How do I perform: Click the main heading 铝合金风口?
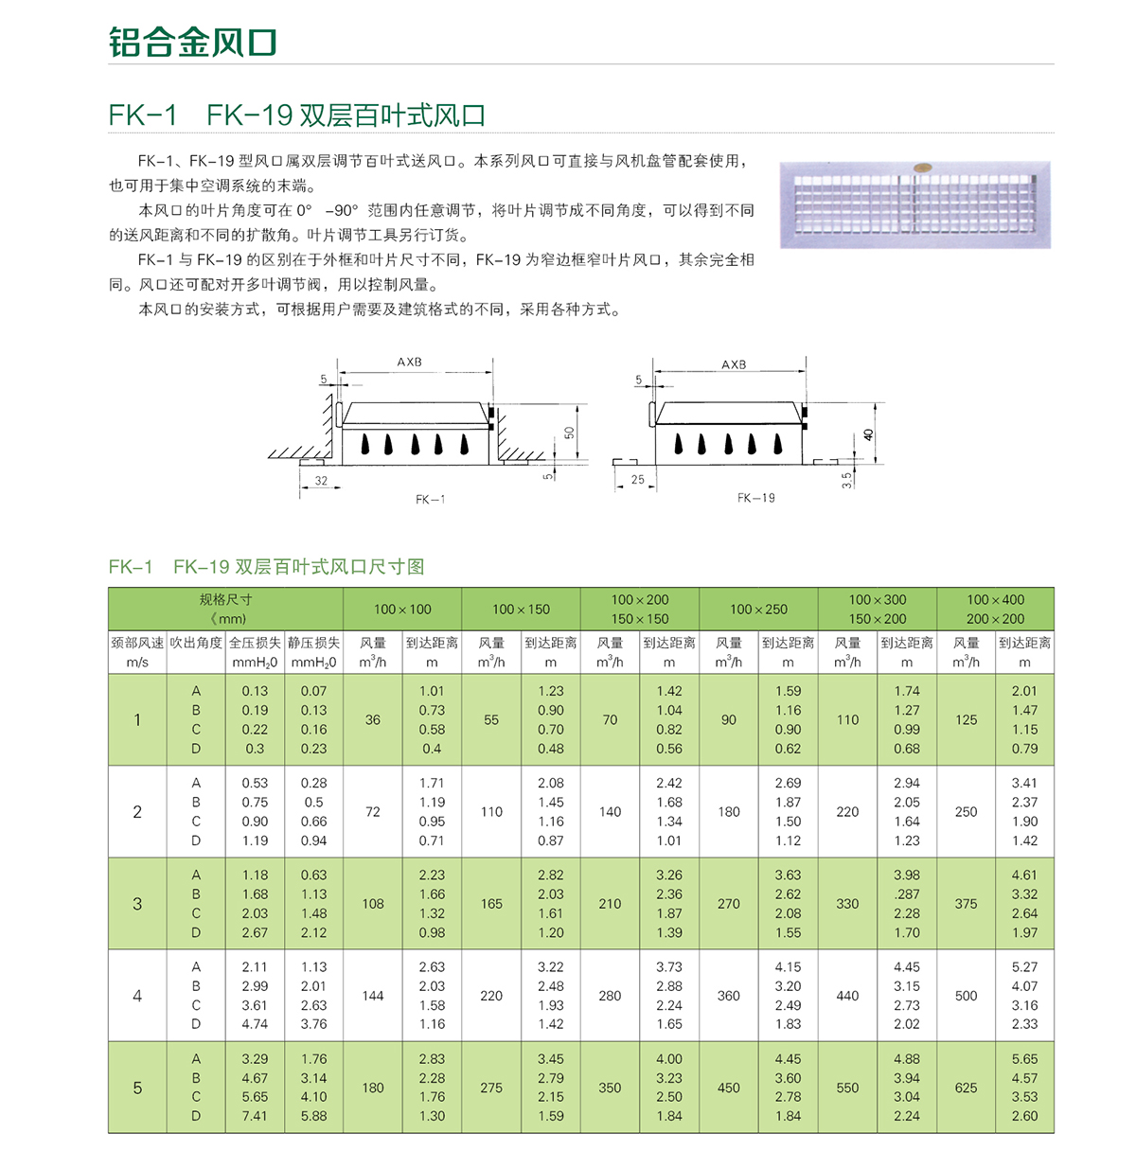point(192,43)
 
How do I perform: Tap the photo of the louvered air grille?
point(914,204)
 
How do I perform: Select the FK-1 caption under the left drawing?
point(430,499)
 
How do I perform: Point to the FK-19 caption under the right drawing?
point(755,498)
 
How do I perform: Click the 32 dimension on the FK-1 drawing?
point(321,481)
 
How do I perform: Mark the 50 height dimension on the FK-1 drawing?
point(569,433)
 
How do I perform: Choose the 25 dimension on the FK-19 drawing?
point(637,480)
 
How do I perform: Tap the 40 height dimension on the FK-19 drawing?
point(868,435)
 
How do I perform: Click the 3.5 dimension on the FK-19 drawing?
point(846,480)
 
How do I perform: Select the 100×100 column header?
point(402,610)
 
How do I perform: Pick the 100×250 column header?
point(758,610)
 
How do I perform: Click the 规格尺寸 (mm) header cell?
point(225,609)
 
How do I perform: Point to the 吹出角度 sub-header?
point(196,643)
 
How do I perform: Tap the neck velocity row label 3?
point(137,904)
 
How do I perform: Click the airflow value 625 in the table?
point(966,1088)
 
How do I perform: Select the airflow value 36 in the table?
point(373,719)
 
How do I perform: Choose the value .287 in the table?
point(907,894)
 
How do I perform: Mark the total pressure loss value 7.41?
point(255,1116)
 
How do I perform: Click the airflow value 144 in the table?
point(373,996)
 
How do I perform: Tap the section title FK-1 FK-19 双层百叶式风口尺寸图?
point(266,567)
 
